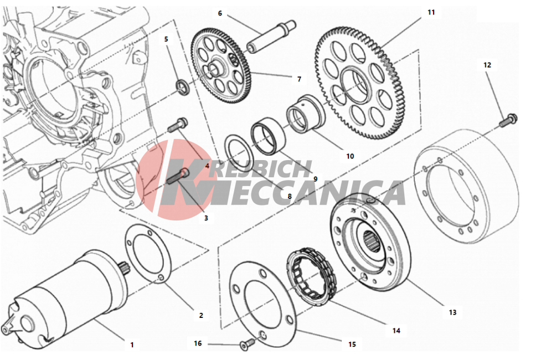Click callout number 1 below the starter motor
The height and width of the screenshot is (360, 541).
coord(132,344)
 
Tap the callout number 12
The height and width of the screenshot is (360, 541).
coord(487,65)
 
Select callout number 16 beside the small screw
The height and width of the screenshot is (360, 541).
coord(198,343)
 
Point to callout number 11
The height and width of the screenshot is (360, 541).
coord(431,12)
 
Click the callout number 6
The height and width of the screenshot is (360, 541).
coord(220,13)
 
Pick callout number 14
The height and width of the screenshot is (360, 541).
coord(396,331)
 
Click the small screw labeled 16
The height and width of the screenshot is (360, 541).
coord(246,344)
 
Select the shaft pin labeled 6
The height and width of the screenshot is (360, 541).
coord(271,36)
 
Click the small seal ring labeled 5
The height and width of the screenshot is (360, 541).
coord(183,86)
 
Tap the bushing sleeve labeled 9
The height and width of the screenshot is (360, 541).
coord(269,137)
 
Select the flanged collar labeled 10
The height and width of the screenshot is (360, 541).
coord(306,114)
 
